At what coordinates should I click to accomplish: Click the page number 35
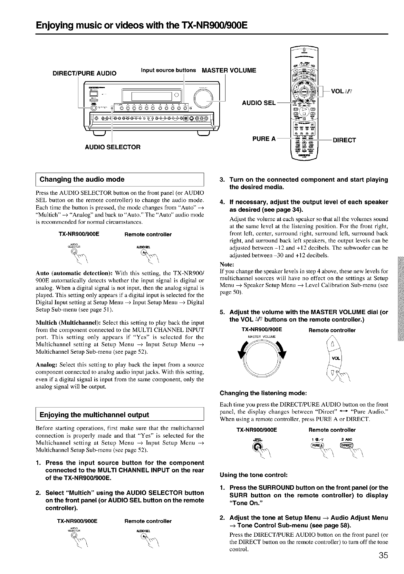pos(383,555)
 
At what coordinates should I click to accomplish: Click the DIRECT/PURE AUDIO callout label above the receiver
pos(85,73)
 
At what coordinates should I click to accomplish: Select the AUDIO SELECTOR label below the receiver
pos(113,147)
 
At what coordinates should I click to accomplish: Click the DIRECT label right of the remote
pos(344,140)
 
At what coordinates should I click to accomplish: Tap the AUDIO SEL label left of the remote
pos(259,103)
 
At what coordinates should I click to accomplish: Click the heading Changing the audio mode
pos(82,180)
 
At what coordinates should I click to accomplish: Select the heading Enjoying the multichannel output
pos(94,415)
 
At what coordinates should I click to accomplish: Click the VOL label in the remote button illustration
pos(336,358)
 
